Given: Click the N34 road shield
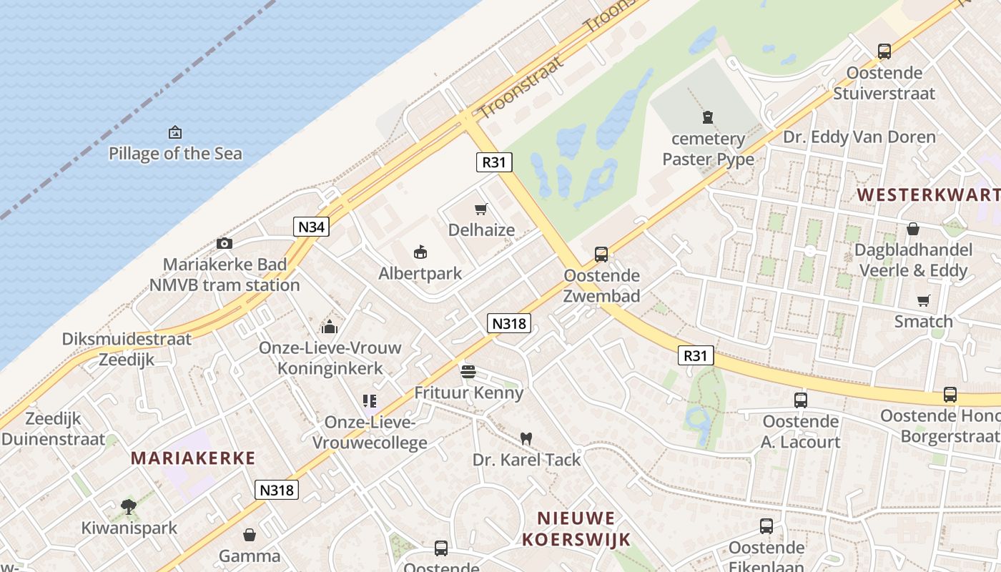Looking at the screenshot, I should point(311,227).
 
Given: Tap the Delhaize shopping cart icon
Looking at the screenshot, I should point(481,209).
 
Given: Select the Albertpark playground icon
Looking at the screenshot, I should point(420,252).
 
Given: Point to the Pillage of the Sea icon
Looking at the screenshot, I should point(175,132).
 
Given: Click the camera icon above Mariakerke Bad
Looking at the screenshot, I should point(225,243).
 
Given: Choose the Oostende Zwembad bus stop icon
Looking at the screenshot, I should point(601,255).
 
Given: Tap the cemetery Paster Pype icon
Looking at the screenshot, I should point(708,117).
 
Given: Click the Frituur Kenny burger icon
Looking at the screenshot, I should point(468,371).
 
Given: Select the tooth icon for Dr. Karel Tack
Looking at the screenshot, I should point(526,438).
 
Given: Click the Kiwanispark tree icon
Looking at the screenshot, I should point(129,507).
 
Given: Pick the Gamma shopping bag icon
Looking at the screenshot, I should point(250,535).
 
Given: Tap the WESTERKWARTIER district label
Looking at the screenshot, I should point(928,194).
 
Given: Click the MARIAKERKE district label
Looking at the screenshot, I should point(192,458).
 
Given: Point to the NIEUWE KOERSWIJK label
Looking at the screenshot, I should point(576,528).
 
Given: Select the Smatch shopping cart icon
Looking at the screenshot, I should point(924,301).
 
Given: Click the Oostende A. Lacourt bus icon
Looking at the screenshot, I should point(800,400).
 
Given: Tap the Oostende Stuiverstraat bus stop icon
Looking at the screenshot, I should point(884,51).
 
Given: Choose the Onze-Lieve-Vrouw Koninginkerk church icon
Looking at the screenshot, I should point(330,327).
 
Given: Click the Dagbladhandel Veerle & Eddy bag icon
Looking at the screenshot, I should point(913,229).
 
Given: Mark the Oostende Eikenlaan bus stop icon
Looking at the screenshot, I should point(766,527).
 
